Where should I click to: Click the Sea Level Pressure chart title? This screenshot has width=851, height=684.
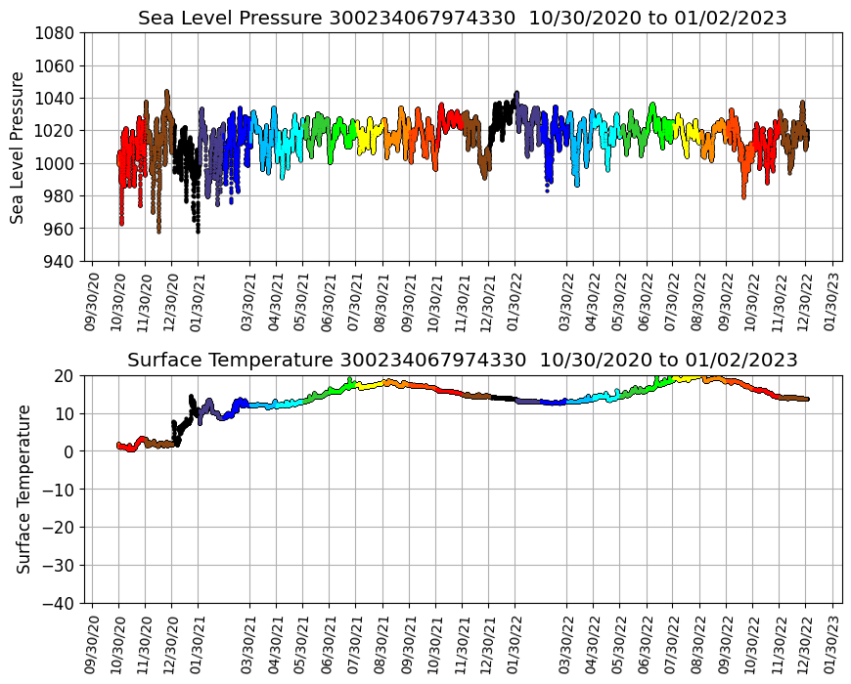tap(462, 18)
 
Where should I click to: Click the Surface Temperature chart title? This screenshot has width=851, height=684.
tap(462, 360)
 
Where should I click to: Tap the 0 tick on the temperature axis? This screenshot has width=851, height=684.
tap(70, 451)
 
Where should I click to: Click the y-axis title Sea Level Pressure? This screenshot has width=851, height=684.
tap(18, 147)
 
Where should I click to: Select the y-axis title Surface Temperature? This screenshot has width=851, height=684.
tap(23, 489)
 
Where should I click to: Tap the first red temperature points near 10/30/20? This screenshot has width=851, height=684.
tap(119, 445)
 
